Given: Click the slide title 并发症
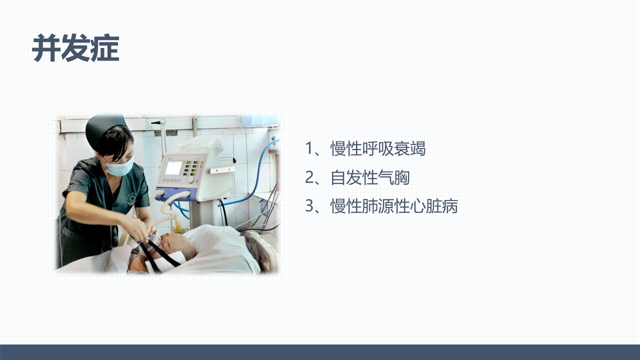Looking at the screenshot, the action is tap(75, 47).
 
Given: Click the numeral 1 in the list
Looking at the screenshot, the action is tap(309, 148).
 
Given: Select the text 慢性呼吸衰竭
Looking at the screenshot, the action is tap(378, 148).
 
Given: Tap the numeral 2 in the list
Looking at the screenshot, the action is tap(309, 177).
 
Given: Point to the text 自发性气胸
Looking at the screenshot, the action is tap(370, 177).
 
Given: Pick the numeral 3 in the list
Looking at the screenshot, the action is tap(309, 205).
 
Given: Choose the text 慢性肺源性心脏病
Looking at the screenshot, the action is tap(394, 205).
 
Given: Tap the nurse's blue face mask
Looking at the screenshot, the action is tap(120, 166).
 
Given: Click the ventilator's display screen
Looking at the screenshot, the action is tap(173, 168).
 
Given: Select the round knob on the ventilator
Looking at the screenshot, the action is tap(191, 179).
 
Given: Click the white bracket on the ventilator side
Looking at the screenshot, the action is tap(222, 170).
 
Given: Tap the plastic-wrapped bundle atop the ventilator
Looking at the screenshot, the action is tap(201, 144).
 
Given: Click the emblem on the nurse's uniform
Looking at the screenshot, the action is tap(131, 197).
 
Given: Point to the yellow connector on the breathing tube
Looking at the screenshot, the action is tap(177, 227).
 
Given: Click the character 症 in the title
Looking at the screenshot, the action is tap(105, 47).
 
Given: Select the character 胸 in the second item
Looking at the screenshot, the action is tap(401, 177).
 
